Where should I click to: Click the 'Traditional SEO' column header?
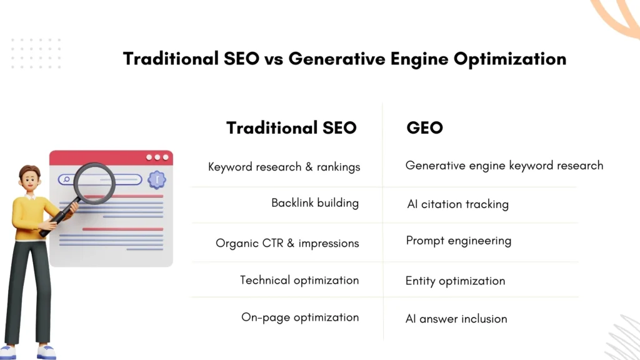tap(291, 128)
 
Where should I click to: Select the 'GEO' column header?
tap(424, 128)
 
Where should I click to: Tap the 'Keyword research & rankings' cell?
tap(284, 167)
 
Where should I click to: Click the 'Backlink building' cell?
tap(315, 203)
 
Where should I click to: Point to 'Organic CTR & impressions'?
tap(287, 243)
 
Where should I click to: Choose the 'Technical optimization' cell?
tap(299, 280)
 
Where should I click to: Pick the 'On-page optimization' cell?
tap(300, 317)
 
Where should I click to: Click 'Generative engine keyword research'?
tap(504, 166)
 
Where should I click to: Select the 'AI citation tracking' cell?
tap(457, 204)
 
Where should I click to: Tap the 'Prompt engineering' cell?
tap(458, 241)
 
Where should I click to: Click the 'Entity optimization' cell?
tap(455, 281)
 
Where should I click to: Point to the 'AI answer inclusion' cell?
tap(456, 319)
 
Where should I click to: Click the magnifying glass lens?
tap(94, 182)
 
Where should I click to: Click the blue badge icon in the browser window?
tap(156, 180)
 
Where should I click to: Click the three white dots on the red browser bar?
tap(157, 157)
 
